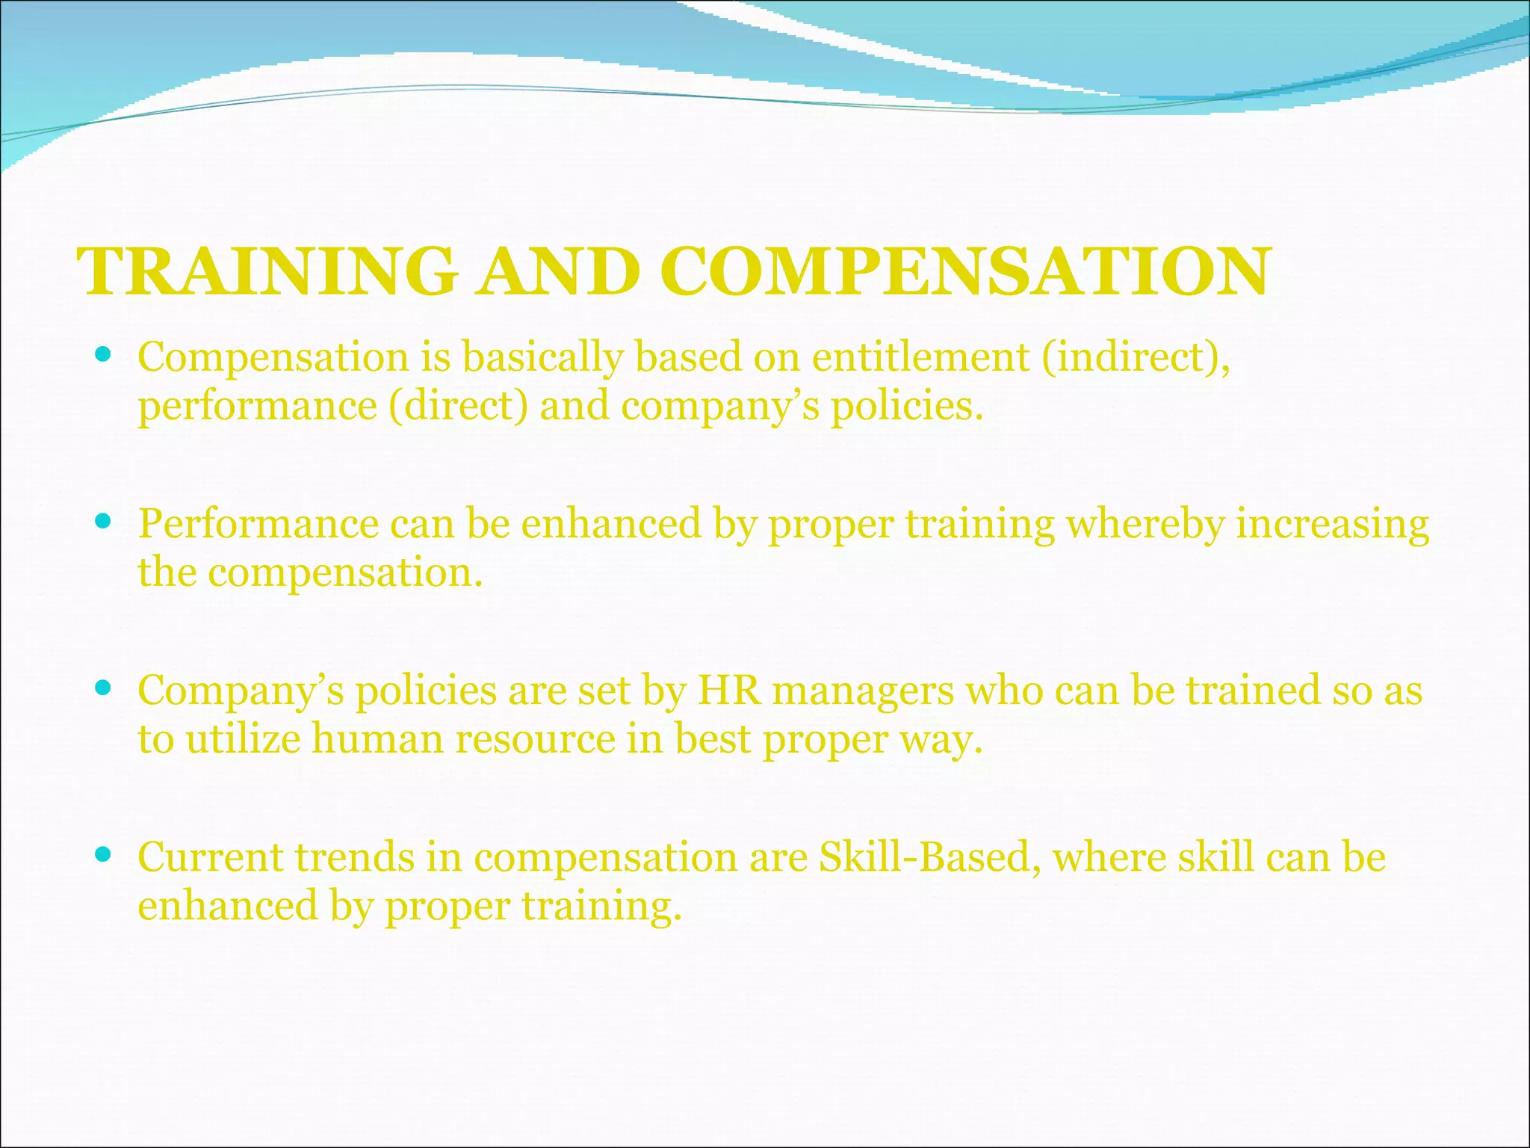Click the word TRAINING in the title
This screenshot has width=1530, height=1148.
[267, 271]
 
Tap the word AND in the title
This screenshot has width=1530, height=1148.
[559, 271]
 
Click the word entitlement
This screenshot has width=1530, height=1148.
[920, 357]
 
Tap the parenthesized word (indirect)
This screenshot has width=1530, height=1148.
[1136, 358]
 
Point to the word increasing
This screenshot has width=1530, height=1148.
[1332, 524]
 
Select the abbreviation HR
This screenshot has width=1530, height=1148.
[729, 690]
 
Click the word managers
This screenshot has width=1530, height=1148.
[863, 691]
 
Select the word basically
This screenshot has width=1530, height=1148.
[542, 358]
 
